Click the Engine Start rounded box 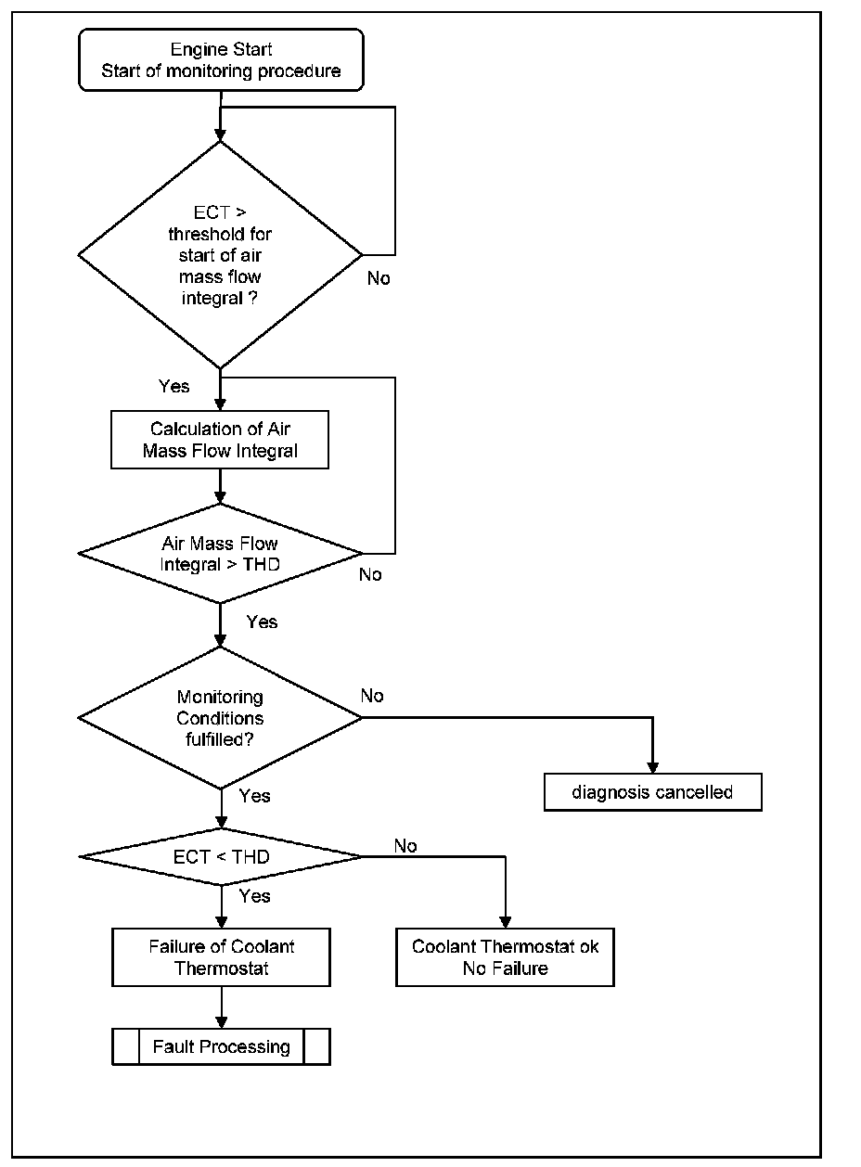coord(221,60)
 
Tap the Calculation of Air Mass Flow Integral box coord(220,440)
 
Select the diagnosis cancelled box coord(653,792)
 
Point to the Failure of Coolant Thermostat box coord(221,957)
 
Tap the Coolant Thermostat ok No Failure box coord(505,957)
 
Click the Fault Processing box coord(221,1046)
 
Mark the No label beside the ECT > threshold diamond coord(379,278)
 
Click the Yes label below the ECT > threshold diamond coord(174,386)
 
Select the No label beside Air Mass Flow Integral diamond coord(370,574)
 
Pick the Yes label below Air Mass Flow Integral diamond coord(262,622)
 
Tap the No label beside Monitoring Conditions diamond coord(372,695)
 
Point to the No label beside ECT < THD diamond coord(405,845)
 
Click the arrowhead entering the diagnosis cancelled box coord(652,768)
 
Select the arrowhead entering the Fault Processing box coord(221,1022)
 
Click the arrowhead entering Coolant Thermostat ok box coord(505,923)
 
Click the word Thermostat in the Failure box coord(221,968)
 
